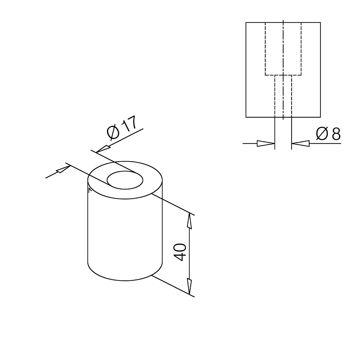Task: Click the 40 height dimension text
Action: (x=180, y=252)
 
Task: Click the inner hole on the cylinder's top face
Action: (x=125, y=180)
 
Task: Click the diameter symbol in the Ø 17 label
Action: (x=113, y=133)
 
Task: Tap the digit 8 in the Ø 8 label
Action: (x=336, y=134)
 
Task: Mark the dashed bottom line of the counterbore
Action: (x=283, y=75)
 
